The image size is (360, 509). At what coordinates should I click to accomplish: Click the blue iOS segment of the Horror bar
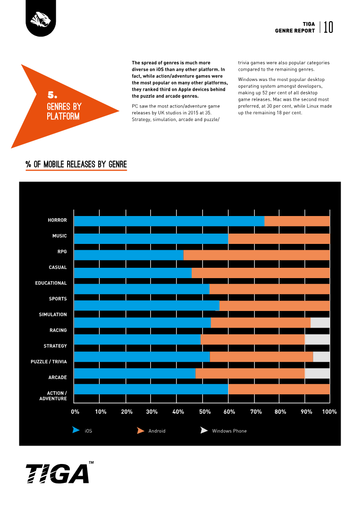point(169,221)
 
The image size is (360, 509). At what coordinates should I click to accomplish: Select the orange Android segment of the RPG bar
point(256,255)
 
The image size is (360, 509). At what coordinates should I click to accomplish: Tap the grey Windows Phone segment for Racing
point(318,339)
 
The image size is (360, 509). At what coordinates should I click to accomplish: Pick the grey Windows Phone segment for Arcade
point(318,373)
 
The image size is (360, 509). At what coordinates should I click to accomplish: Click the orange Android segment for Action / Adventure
point(279,389)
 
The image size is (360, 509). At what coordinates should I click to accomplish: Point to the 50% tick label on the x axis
point(205,412)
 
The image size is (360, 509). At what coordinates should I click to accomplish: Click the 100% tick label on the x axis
point(329,412)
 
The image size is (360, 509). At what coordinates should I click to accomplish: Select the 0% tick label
point(75,412)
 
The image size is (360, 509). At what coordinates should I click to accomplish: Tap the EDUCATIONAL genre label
point(51,283)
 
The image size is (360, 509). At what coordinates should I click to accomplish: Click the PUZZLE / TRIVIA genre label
point(49,362)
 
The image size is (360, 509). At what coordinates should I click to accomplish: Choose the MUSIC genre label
point(59,236)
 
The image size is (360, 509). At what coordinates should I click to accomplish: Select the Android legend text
point(157,431)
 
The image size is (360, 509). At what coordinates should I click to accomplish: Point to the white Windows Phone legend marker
point(204,430)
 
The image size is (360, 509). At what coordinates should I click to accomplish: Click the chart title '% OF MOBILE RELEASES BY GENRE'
point(76,165)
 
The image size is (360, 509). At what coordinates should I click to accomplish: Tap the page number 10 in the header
point(328,27)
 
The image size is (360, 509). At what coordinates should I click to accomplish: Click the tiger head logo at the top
point(40,19)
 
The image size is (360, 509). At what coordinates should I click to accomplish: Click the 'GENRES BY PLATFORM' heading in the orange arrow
point(64,111)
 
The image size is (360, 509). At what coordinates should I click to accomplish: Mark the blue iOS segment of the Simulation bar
point(143,323)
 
